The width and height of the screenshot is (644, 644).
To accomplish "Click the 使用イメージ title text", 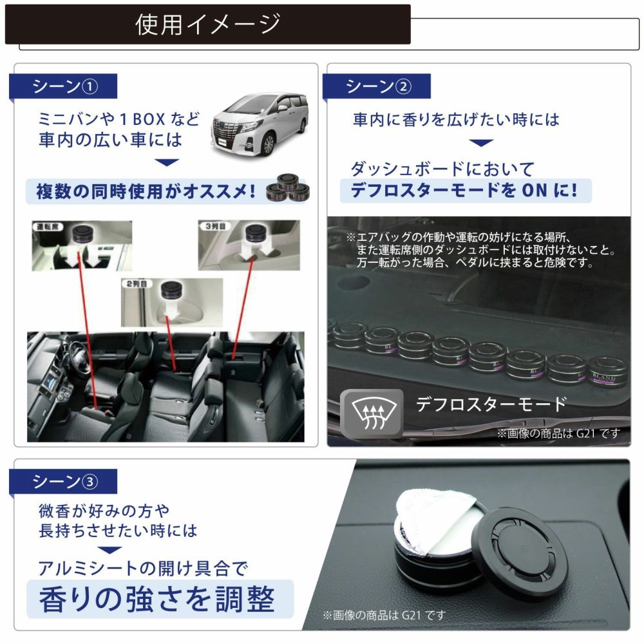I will point(207,24).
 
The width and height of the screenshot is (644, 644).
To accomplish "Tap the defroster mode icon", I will point(372,411).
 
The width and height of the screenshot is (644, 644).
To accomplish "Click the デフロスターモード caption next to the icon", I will point(491,404).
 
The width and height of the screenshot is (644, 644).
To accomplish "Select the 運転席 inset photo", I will point(82,245).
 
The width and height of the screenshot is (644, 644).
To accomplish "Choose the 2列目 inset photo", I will point(171,300).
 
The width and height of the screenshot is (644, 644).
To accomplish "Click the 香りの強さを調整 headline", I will point(157,599).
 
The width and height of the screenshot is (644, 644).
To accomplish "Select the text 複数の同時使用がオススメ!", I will point(145,191).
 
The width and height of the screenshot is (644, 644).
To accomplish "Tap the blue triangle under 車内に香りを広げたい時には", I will point(480,143).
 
